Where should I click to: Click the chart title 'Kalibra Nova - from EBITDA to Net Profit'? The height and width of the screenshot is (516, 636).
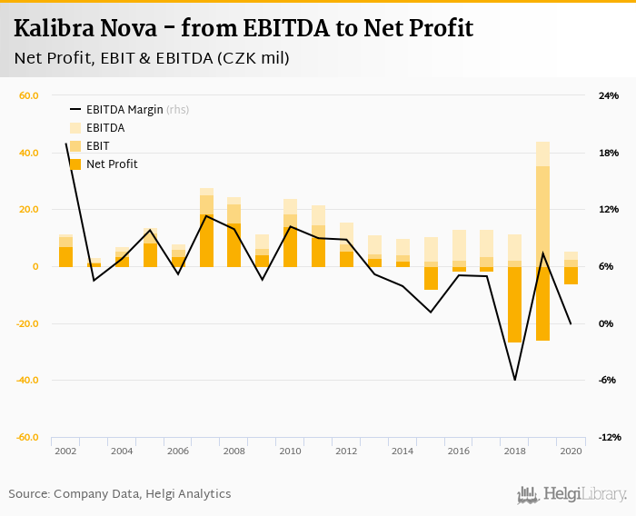tap(243, 28)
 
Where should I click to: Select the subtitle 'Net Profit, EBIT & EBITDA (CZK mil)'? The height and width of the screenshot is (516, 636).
tap(152, 58)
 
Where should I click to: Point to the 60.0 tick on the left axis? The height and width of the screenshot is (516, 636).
tap(28, 95)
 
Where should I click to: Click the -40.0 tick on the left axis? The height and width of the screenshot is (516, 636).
tap(26, 381)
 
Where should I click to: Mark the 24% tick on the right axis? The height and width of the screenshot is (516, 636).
tap(608, 95)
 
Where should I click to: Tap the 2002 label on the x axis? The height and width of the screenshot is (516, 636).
tap(65, 451)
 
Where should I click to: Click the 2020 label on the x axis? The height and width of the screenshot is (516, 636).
tap(571, 451)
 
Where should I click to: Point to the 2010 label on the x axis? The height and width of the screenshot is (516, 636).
tap(290, 451)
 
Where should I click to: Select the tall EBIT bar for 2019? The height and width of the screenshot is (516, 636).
tap(542, 216)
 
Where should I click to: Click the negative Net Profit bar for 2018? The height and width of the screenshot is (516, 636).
tap(514, 304)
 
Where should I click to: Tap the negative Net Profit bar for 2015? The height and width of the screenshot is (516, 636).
tap(431, 278)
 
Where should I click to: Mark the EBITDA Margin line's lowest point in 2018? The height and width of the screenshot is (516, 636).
tap(514, 380)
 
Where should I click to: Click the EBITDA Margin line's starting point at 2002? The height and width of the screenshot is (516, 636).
tap(66, 144)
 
